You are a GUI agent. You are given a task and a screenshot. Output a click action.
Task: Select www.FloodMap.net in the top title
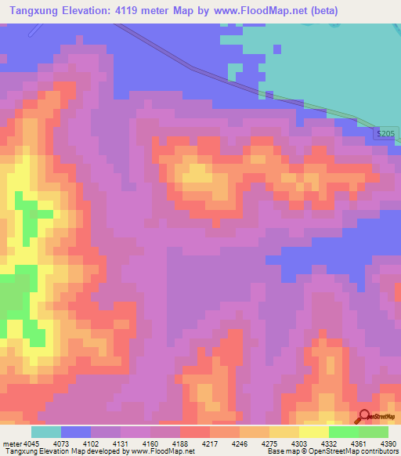click(x=262, y=10)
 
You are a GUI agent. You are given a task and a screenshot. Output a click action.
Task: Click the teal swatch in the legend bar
click(x=46, y=432)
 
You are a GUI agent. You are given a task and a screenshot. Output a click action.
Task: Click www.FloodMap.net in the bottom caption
click(x=163, y=451)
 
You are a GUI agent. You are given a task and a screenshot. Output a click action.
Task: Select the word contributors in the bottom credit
click(x=380, y=451)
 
